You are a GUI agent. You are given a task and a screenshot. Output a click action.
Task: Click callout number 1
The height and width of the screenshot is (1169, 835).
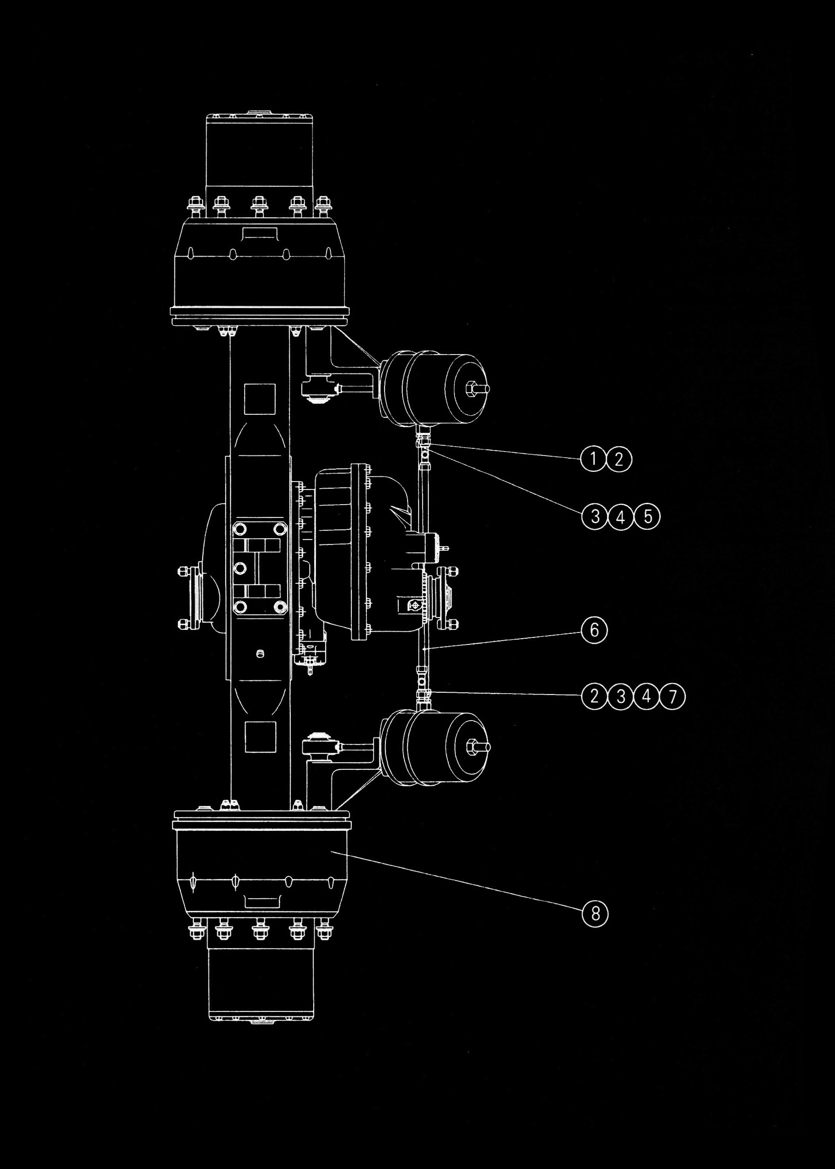pos(593,458)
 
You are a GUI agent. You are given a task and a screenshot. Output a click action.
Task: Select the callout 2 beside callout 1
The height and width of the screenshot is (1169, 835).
pos(619,459)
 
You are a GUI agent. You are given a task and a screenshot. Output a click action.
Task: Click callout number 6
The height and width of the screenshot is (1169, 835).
pos(594,629)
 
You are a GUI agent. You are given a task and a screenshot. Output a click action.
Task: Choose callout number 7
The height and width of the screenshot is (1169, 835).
pos(673,696)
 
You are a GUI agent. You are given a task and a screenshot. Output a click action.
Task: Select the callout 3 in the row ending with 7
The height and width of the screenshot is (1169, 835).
pos(620,696)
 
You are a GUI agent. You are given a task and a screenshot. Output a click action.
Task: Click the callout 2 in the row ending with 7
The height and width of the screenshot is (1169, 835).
pos(594,696)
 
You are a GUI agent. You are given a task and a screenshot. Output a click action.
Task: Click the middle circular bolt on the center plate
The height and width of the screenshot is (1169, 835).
pos(239,568)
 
